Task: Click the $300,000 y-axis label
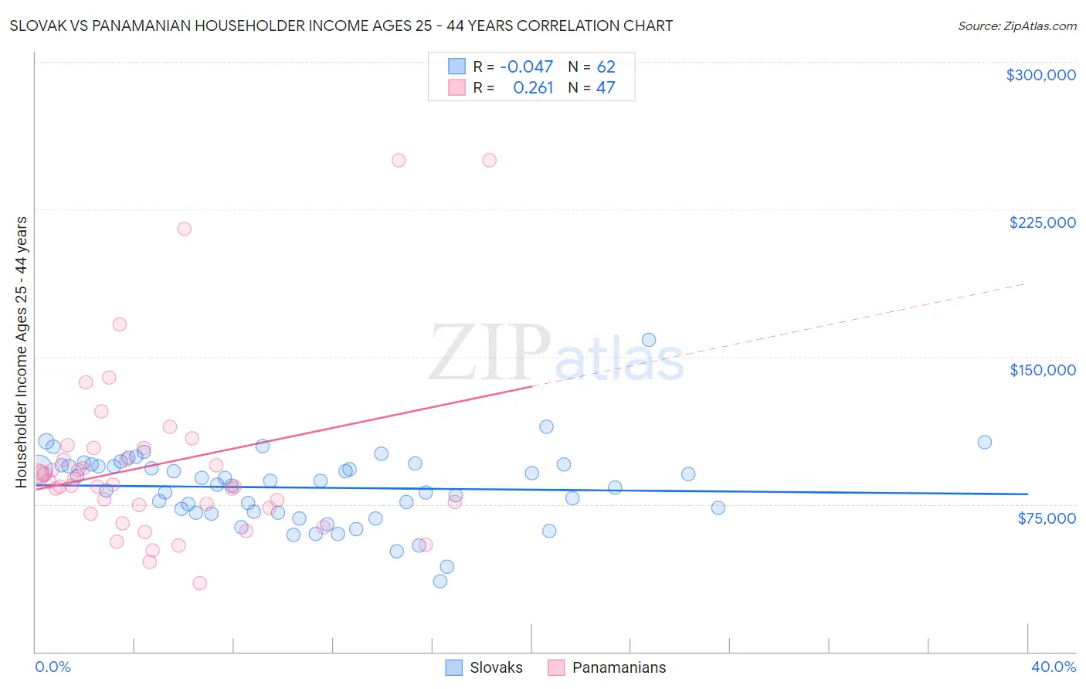[x=1040, y=75]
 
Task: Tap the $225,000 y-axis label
[x=1042, y=222]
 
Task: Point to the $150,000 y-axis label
[x=1042, y=370]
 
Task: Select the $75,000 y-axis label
[x=1046, y=518]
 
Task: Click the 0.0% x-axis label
[x=53, y=667]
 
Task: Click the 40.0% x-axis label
[x=1053, y=667]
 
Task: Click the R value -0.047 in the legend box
[x=526, y=66]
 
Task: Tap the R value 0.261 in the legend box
[x=533, y=87]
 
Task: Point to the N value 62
[x=606, y=66]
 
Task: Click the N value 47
[x=606, y=87]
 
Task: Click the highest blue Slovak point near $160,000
[x=649, y=340]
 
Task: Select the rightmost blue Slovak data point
[x=984, y=442]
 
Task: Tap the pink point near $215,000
[x=184, y=229]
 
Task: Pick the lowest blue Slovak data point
[x=440, y=581]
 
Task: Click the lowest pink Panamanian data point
[x=199, y=583]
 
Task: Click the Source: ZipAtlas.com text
[x=1016, y=26]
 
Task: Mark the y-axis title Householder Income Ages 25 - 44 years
[x=22, y=352]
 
